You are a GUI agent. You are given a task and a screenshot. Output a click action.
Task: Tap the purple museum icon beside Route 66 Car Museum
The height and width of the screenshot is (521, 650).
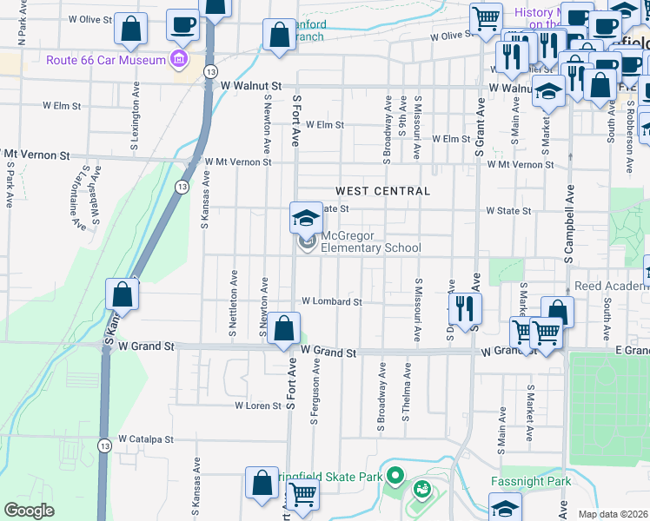(179, 60)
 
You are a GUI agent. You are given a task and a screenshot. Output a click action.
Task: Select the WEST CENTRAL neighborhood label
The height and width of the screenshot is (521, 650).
(382, 191)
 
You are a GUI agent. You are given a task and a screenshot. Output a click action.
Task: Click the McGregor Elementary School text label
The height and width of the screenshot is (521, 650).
(371, 242)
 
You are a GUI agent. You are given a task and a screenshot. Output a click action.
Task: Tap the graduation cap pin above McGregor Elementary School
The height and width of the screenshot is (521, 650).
(306, 217)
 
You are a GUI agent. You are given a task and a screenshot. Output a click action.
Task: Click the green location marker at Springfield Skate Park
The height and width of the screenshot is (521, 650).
(395, 475)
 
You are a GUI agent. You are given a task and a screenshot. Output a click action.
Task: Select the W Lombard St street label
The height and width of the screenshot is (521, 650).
(331, 302)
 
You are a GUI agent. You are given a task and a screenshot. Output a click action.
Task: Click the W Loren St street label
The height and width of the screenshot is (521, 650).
(257, 406)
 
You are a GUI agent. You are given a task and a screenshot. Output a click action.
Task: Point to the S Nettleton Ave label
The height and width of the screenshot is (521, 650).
(234, 302)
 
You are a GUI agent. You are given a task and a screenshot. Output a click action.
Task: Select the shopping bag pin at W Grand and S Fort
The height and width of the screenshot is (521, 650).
(283, 329)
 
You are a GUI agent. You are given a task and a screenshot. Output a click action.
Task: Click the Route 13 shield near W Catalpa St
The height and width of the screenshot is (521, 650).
(103, 444)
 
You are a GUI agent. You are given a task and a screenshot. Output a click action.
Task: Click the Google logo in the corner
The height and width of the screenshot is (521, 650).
(30, 510)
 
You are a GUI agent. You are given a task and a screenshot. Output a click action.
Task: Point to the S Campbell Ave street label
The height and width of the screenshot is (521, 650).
(570, 225)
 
